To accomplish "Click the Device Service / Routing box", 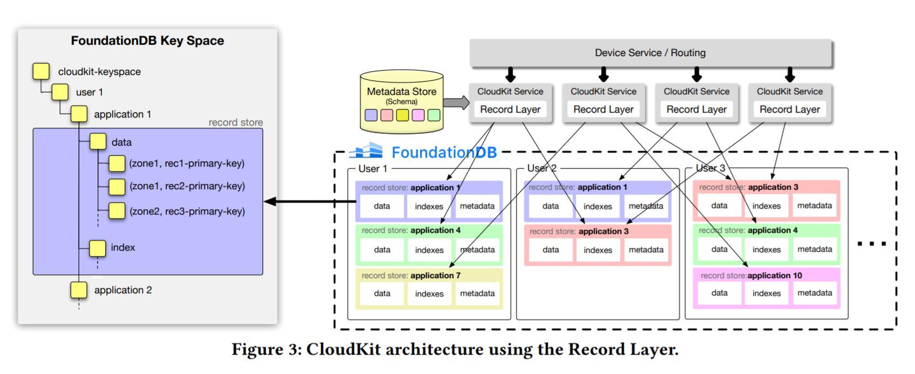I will [650, 53].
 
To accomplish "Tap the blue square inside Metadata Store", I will [371, 115].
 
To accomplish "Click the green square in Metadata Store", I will [434, 115].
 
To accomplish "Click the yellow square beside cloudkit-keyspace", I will [41, 71].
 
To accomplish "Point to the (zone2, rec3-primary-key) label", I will [187, 211].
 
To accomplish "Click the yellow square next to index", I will [98, 248].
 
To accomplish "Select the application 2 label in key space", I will [123, 290].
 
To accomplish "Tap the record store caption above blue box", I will [236, 122].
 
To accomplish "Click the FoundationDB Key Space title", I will [147, 41].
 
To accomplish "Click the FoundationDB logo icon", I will [367, 151].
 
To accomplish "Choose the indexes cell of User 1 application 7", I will [429, 294].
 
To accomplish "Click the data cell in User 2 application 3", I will [551, 250].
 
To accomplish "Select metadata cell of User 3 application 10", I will [814, 293].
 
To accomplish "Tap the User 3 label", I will [710, 168].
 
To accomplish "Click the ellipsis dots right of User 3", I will [871, 244].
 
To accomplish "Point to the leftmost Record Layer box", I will [510, 109].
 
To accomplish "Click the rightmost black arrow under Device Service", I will [789, 74].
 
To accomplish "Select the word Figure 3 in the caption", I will [265, 350].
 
